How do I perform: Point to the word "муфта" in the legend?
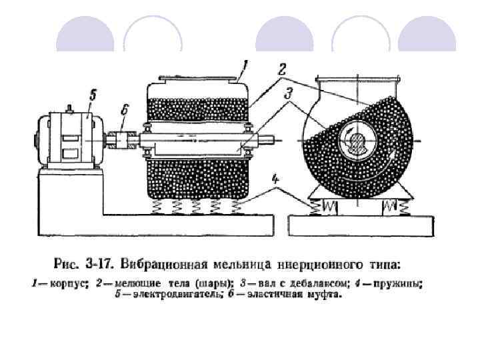click(323, 294)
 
